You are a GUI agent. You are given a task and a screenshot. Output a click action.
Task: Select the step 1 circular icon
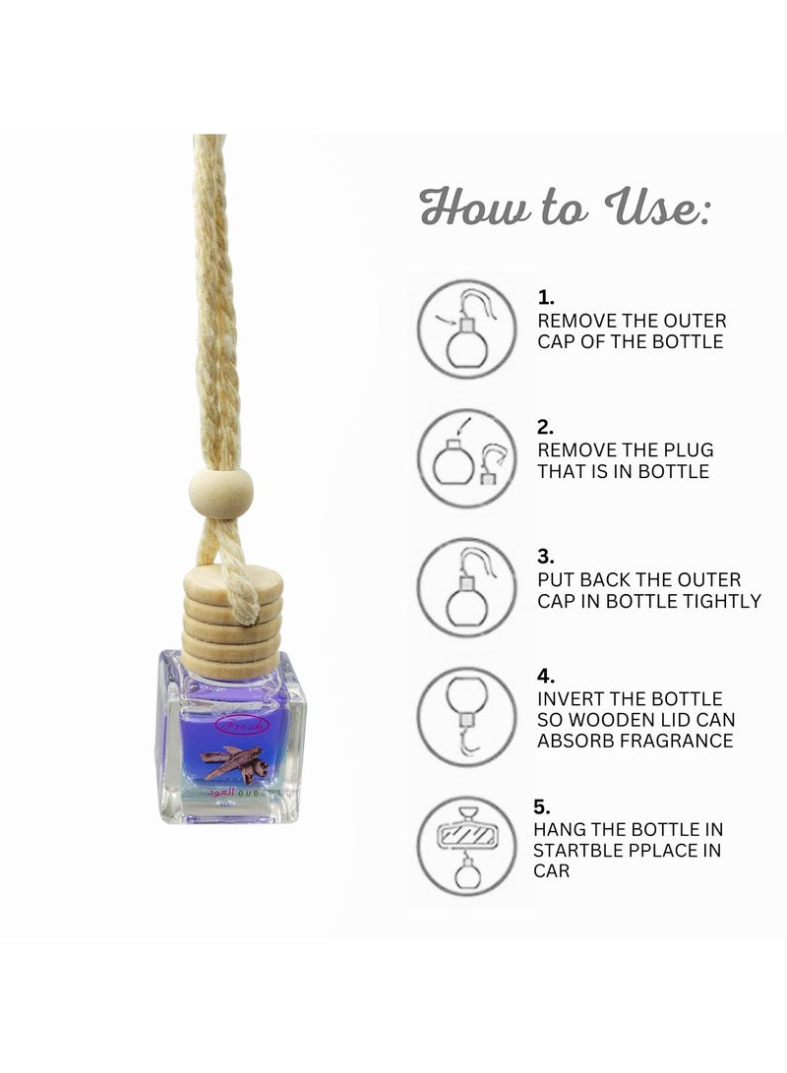point(466,328)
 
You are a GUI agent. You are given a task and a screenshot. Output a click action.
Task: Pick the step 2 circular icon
point(466,458)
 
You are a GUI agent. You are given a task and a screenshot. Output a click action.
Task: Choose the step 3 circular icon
point(466,587)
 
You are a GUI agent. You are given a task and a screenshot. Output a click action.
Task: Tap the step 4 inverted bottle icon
point(466,716)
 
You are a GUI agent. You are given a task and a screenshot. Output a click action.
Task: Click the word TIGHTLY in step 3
point(724,600)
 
